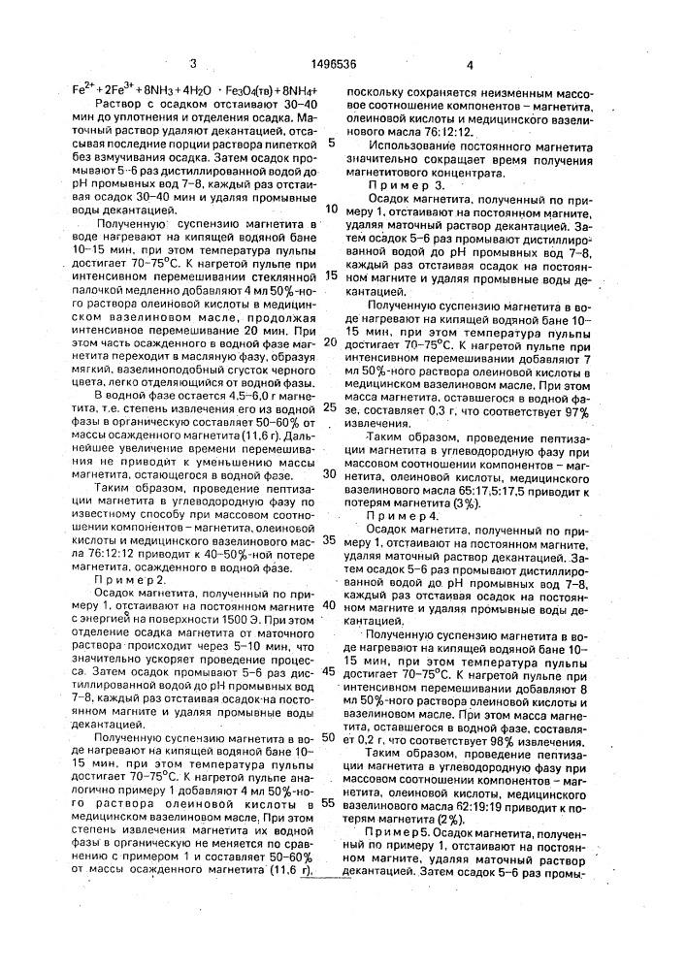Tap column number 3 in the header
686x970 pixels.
pyautogui.click(x=194, y=65)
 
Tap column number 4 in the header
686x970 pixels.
pyautogui.click(x=470, y=65)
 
